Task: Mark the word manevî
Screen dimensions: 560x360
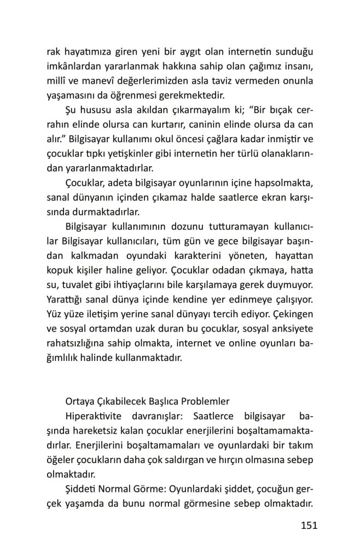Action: [x=100, y=81]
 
